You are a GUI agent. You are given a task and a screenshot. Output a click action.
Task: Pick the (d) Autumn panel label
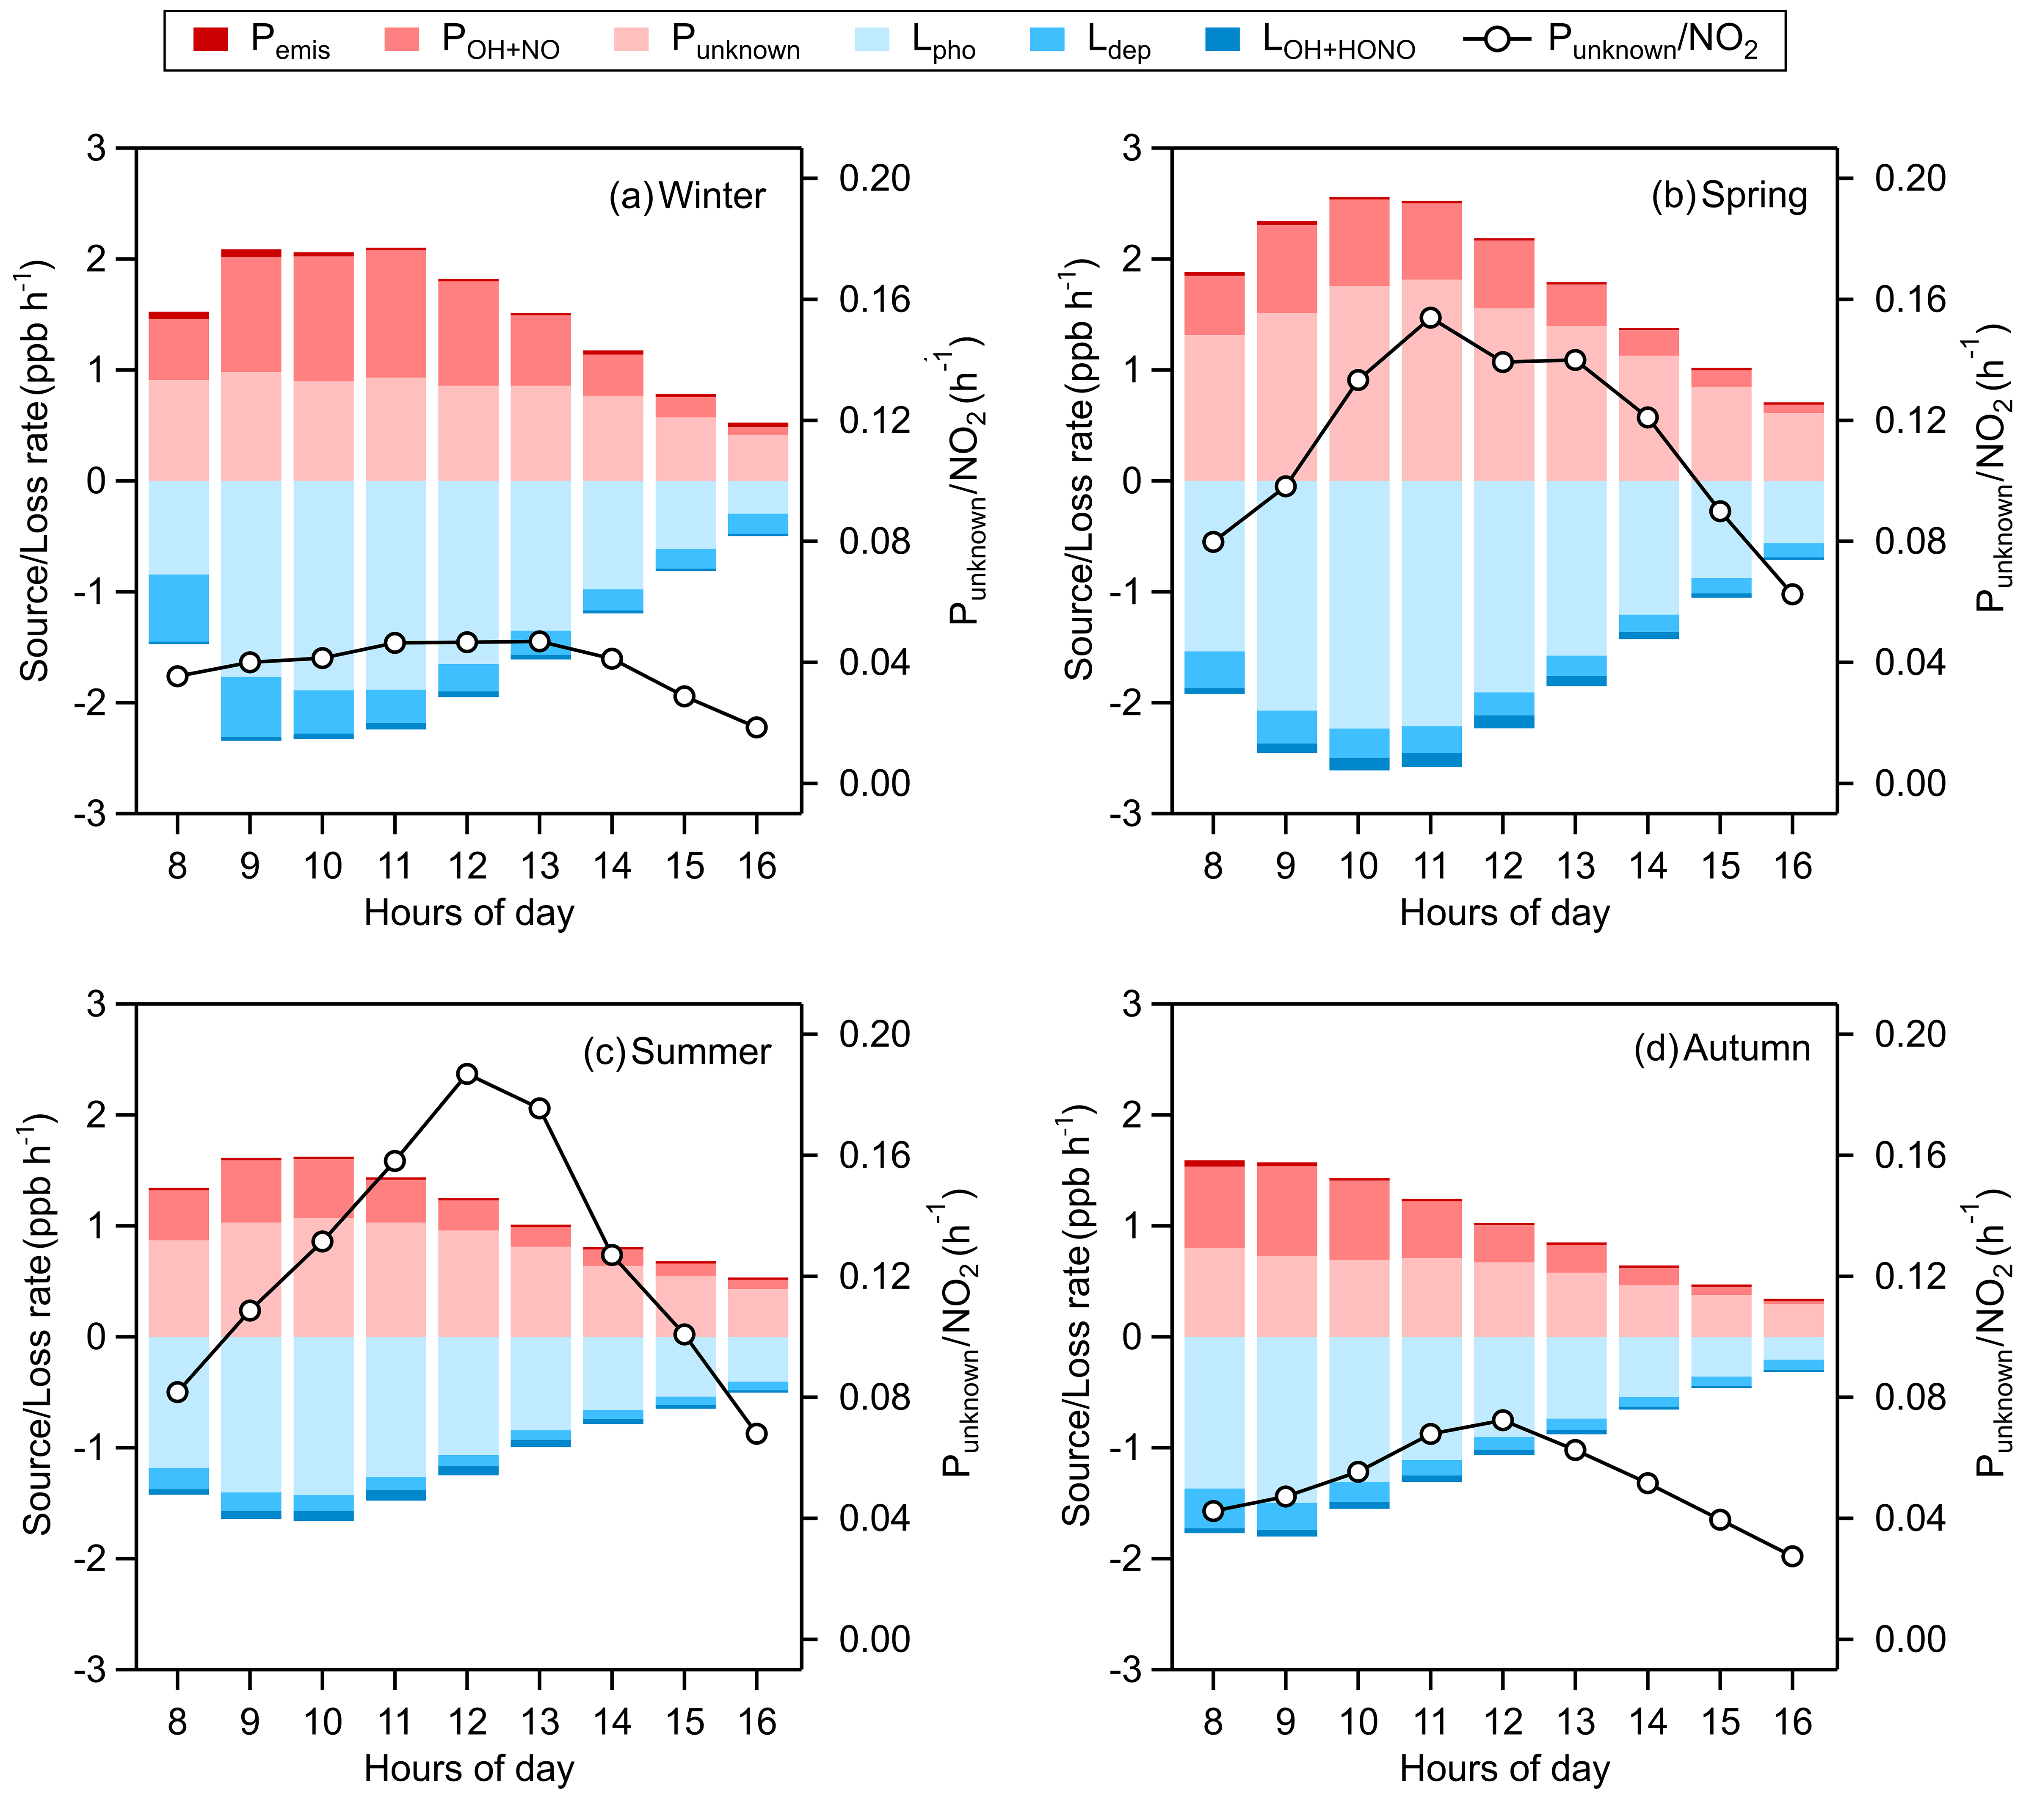1722,1047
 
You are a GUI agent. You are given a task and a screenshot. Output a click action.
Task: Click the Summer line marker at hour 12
468,1073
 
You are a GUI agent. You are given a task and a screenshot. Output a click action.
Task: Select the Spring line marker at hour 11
1430,317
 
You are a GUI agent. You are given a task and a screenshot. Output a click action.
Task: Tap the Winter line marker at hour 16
756,727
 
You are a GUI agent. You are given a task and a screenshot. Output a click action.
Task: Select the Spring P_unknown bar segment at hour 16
1793,446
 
